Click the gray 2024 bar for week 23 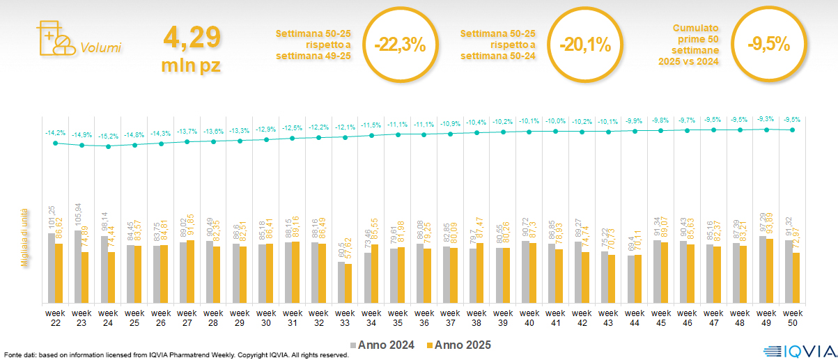coord(78,267)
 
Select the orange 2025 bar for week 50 coord(796,278)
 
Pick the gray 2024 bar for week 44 coord(631,279)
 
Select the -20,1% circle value coord(585,45)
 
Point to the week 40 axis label coord(529,317)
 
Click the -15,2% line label coord(108,136)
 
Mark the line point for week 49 coord(766,129)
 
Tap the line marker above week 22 coord(56,143)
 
